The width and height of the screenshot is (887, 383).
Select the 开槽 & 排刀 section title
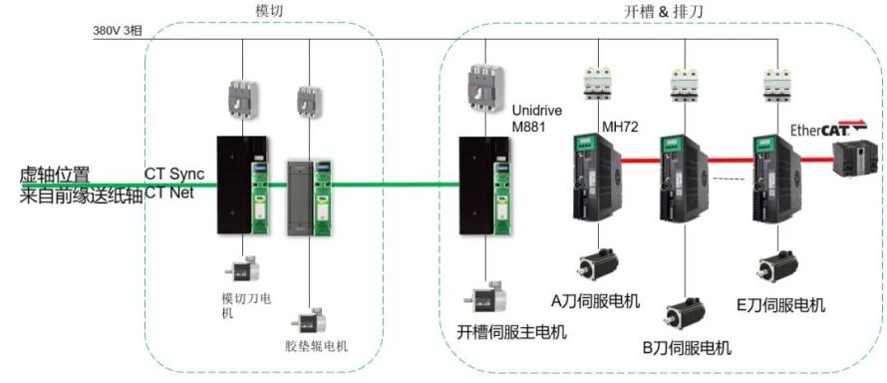click(x=663, y=11)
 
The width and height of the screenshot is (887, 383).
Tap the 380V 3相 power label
click(x=118, y=31)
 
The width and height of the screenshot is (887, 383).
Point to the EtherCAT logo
click(x=828, y=128)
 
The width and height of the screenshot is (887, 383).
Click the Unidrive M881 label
click(x=537, y=119)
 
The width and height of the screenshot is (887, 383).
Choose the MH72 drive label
click(x=620, y=128)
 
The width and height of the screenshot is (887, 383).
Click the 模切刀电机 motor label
click(x=245, y=306)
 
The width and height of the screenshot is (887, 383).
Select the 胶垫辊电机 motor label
click(x=317, y=346)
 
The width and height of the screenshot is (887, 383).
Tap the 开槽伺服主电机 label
click(x=511, y=332)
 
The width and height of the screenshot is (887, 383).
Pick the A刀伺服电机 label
click(x=596, y=301)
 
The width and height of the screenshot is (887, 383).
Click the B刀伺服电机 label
click(x=687, y=347)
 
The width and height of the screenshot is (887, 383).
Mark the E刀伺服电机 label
click(x=780, y=305)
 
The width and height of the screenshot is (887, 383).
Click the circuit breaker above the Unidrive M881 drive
click(x=484, y=87)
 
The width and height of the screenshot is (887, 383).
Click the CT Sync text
click(x=174, y=175)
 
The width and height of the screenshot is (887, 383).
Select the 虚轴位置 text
click(x=55, y=175)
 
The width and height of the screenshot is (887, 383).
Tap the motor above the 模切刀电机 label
click(x=242, y=268)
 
